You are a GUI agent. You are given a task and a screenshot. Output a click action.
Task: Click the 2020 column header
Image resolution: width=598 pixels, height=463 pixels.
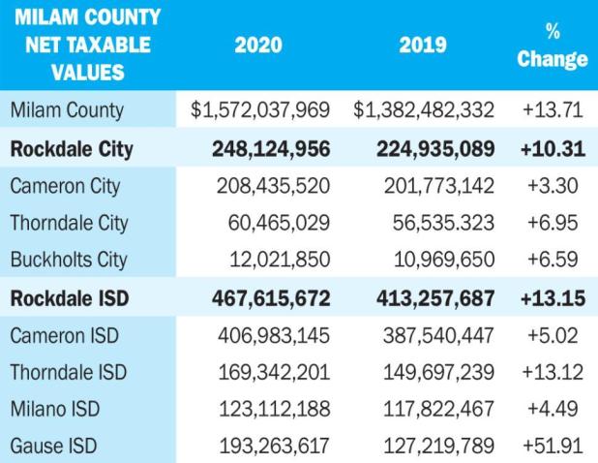pos(258,45)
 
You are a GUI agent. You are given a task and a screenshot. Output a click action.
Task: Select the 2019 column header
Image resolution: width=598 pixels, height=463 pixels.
pos(423,45)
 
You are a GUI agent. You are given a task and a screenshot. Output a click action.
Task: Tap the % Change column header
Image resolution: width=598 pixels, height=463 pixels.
pos(553,46)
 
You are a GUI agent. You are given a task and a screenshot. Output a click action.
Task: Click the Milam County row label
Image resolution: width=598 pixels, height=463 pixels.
pos(67,110)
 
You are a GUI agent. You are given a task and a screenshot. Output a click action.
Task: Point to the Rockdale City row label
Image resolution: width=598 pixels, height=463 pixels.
pos(72,149)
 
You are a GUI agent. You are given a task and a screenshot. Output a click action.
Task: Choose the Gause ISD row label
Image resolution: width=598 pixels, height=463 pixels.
pos(54,446)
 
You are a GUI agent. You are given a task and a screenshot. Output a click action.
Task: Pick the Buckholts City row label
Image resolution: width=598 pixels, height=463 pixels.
pos(69,260)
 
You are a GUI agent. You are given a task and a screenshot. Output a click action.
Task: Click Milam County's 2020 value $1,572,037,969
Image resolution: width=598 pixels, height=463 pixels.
pos(260,109)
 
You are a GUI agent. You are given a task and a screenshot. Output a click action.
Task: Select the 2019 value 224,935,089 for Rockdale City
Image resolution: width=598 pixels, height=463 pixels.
pos(435,149)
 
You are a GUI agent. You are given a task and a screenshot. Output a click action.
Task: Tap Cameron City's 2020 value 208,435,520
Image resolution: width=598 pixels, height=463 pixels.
pos(273,186)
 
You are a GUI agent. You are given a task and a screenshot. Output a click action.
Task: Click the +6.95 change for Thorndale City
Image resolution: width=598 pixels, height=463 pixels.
pos(553,223)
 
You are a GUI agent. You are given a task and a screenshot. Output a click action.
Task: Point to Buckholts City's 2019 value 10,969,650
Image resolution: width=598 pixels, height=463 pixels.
pos(444,260)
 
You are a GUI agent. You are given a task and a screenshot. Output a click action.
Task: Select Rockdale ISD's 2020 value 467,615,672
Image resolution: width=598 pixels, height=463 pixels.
pos(271,298)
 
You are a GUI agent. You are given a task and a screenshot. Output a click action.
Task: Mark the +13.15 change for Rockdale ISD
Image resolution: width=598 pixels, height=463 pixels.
pos(553,298)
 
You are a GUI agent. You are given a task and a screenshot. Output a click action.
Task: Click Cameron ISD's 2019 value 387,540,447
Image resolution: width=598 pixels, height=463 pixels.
pos(438,336)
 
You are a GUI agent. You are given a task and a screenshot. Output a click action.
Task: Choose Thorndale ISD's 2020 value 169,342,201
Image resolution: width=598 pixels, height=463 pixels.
pos(274,373)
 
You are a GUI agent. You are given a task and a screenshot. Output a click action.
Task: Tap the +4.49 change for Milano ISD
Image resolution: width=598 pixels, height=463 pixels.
pos(553,409)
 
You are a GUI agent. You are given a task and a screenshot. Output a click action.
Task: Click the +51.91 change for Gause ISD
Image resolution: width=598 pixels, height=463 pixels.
pos(553,446)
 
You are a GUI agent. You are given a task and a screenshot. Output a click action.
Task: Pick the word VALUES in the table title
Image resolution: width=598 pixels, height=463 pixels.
pos(88,73)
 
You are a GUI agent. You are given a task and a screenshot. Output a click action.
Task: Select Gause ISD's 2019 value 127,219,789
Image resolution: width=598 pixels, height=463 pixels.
pos(439,446)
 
